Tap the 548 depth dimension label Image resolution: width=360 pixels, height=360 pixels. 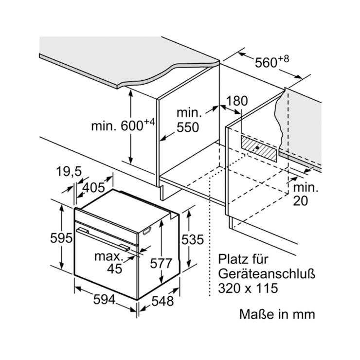[x=162, y=301]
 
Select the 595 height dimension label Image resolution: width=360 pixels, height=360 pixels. [x=61, y=238]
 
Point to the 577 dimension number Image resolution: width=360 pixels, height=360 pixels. [x=161, y=263]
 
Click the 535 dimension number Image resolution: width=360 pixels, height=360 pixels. [x=192, y=239]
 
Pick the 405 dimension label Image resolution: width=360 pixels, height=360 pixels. [x=93, y=188]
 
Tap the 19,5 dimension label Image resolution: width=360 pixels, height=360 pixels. [x=69, y=171]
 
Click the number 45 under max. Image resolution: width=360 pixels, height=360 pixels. [x=114, y=268]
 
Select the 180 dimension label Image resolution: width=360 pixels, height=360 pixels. [x=237, y=101]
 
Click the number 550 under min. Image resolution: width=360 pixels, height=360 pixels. [x=188, y=127]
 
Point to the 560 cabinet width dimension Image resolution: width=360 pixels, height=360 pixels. [x=266, y=62]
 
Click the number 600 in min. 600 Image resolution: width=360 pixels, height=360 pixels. [x=132, y=126]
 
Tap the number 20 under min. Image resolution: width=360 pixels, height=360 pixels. [x=300, y=201]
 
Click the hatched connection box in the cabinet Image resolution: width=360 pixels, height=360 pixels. [x=259, y=148]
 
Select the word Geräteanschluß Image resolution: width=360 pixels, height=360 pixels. [x=267, y=274]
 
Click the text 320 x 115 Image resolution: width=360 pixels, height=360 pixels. [x=248, y=288]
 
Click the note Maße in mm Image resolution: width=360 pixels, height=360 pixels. [x=277, y=314]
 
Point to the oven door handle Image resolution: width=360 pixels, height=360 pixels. [x=103, y=238]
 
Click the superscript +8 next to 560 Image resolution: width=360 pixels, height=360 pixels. [x=284, y=59]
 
